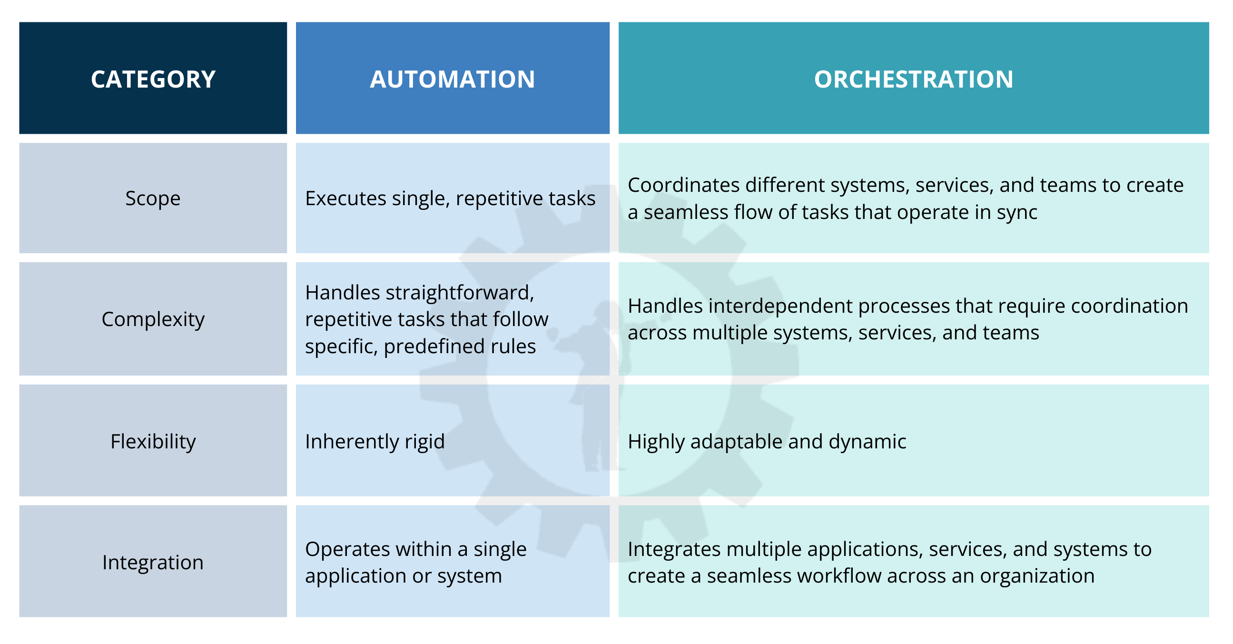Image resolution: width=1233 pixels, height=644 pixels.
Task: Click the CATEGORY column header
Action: [x=153, y=79]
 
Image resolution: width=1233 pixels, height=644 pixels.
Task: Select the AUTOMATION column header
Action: [x=453, y=79]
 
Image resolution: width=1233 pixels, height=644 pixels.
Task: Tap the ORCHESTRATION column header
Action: [x=913, y=79]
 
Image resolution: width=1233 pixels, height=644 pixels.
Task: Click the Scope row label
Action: [x=153, y=198]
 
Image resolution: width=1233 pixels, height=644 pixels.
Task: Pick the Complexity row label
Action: [x=153, y=319]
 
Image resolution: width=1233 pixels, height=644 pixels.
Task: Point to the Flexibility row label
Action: [x=153, y=441]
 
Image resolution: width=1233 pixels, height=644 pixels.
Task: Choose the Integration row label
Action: [x=153, y=562]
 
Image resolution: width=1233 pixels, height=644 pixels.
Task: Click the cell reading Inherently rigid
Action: [x=375, y=441]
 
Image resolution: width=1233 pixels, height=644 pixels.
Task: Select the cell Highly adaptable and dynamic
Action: [x=767, y=441]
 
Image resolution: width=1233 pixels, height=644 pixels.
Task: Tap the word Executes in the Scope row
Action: [x=345, y=198]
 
